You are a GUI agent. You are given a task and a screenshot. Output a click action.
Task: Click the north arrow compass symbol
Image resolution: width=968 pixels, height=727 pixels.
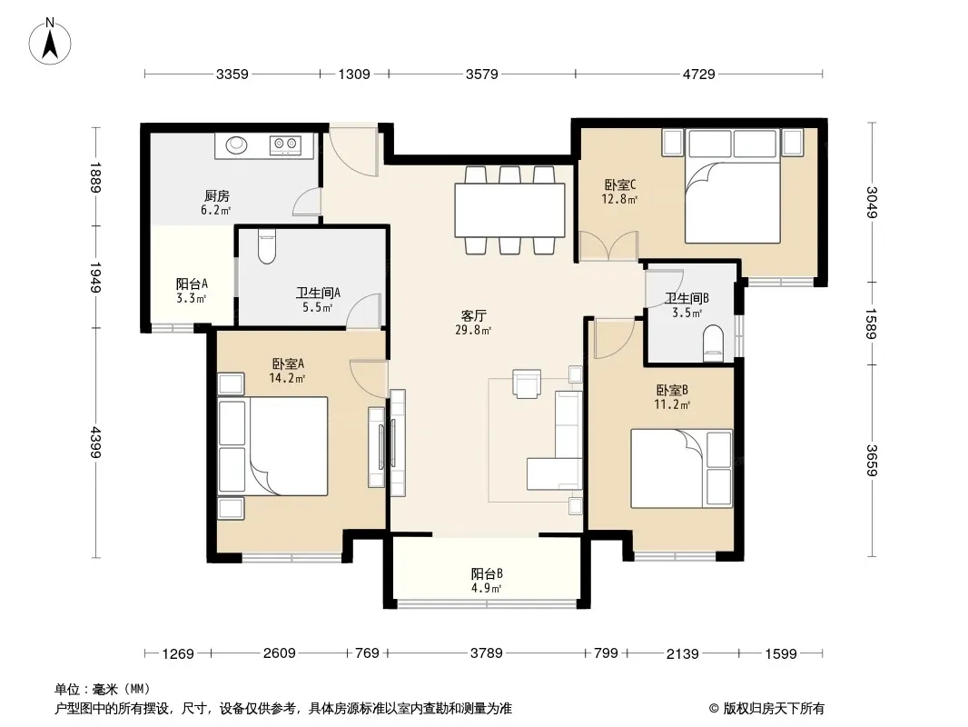click(50, 41)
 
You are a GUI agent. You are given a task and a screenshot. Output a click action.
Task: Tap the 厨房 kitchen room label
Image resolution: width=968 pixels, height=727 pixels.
click(217, 195)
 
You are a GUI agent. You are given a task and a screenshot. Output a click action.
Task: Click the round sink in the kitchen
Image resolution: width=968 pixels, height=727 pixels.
click(236, 145)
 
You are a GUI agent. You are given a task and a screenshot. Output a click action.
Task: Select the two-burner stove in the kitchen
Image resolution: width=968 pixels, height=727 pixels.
click(285, 145)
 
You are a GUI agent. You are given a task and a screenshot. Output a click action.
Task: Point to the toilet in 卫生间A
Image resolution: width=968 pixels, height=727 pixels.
click(266, 246)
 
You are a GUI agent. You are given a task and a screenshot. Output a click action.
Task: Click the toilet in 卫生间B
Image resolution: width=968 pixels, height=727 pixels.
click(713, 344)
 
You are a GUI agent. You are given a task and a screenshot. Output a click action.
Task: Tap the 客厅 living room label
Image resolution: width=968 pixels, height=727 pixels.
click(473, 315)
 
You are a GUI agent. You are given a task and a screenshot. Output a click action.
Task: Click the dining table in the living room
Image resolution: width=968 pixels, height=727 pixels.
click(510, 210)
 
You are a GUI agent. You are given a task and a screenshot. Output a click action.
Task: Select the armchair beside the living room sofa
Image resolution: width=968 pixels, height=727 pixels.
click(527, 383)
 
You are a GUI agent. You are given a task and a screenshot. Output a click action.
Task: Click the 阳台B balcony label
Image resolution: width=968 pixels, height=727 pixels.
click(487, 573)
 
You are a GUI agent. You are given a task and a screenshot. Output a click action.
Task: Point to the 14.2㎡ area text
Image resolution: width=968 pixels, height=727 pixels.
click(287, 378)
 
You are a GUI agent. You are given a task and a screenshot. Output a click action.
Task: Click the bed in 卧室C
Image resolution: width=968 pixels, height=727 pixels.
click(733, 185)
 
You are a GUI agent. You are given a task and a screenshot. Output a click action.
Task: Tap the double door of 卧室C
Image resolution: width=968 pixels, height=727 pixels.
click(608, 245)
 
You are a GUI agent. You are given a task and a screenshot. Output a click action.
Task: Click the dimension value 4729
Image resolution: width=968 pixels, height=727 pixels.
click(699, 75)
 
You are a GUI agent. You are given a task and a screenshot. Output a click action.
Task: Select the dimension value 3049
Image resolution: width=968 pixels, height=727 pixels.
click(871, 202)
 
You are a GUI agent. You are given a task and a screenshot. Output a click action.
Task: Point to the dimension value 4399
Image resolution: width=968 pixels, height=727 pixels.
click(95, 442)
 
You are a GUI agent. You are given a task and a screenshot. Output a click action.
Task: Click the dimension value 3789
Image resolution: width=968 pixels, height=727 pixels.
click(487, 652)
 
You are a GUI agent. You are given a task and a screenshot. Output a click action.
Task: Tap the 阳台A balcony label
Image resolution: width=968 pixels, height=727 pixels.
click(192, 284)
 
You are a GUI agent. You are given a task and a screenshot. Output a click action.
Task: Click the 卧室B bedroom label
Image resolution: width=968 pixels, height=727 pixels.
click(672, 391)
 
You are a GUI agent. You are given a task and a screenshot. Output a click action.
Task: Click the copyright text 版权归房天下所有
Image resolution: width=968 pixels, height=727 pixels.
click(773, 709)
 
